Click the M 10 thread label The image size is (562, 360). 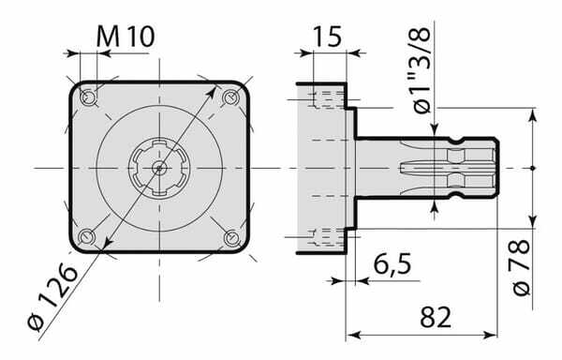126,37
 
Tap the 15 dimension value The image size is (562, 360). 328,37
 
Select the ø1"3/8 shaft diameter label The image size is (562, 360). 421,71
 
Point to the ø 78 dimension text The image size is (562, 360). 521,267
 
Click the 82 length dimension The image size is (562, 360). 436,317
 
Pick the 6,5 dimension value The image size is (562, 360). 392,264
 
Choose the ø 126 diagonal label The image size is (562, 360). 53,296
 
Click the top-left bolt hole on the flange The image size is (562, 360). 87,97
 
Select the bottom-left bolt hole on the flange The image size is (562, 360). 87,237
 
